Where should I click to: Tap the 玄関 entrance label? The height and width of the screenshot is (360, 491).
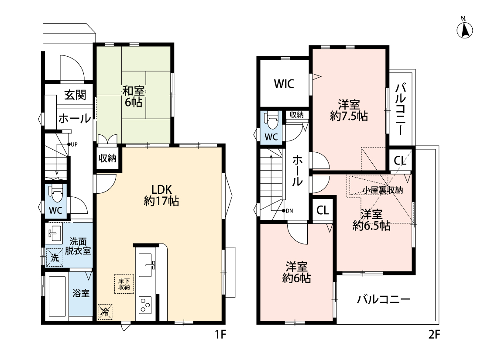point(76,95)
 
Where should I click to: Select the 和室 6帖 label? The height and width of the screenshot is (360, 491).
point(134,96)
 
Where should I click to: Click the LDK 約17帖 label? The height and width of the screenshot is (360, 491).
point(161,195)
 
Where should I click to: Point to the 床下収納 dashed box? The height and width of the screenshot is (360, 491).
point(124,284)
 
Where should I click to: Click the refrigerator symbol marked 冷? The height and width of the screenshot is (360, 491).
point(105,312)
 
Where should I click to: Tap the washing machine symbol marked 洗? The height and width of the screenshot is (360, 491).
point(55,257)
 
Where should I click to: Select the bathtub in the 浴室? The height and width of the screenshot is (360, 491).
point(57,296)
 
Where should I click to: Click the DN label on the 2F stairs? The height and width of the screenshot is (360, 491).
point(289,211)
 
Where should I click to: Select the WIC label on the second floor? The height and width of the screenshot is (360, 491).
point(284,84)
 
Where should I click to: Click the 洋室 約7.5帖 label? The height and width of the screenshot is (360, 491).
point(349,110)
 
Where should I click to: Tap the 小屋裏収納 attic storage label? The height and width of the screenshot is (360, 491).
point(383,190)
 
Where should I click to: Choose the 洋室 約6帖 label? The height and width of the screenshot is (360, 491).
point(296,272)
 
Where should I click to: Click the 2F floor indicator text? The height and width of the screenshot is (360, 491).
point(434,335)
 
